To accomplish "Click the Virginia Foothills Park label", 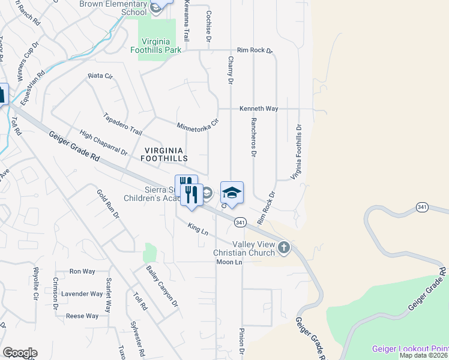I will pos(152,46).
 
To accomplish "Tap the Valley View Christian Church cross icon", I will pos(284,247).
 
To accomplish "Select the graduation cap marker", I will pos(232,193).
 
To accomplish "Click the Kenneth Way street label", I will pos(259,109).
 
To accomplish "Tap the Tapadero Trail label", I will pos(123,124).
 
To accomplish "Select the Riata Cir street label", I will pos(100,76).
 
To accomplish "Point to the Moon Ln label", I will pos(229,262).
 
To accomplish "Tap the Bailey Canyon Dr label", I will pos(163,286).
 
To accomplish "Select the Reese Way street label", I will pos(82,316).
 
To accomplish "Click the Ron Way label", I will pos(82,271).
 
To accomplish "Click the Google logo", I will pos(19,353).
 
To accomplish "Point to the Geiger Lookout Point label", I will pos(410,349).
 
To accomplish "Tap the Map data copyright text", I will pos(424,355).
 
